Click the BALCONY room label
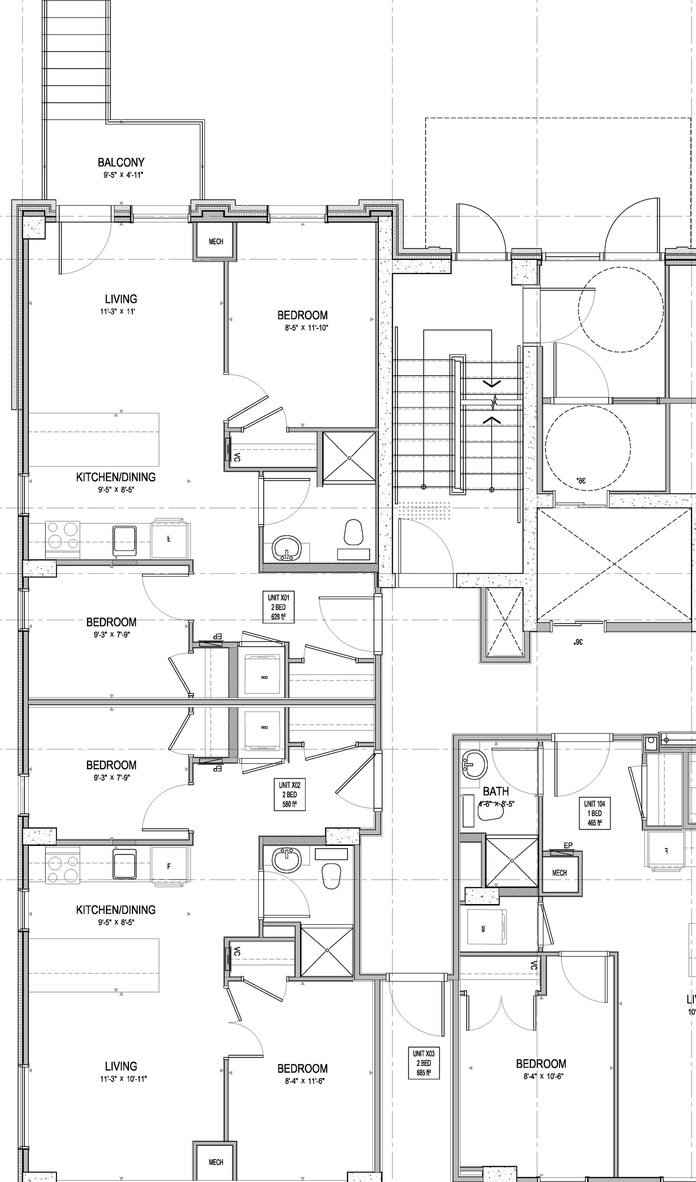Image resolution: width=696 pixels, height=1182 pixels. point(121,162)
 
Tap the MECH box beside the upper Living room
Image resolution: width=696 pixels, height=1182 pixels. point(216,241)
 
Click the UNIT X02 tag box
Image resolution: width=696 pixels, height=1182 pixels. point(289,795)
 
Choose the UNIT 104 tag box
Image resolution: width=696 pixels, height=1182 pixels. point(594,813)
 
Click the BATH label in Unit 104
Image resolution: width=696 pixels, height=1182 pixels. point(495,791)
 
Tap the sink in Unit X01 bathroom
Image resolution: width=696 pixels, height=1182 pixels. point(286,547)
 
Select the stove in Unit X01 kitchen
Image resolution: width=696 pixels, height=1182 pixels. point(63,535)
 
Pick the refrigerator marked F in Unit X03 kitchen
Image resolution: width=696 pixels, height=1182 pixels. point(169,867)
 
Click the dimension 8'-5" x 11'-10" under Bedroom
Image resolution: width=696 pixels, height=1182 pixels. point(303,328)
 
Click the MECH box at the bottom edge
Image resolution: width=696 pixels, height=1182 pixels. point(216,1162)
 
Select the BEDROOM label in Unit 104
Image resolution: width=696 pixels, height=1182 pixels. point(540,1063)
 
